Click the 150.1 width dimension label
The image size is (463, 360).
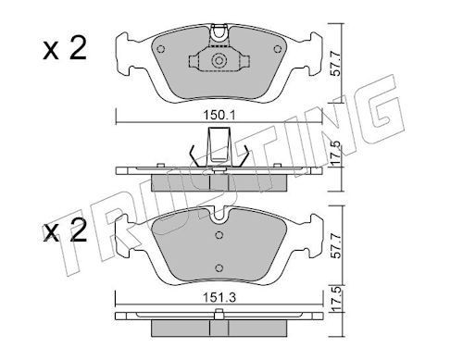(x=219, y=116)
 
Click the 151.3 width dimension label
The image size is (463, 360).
(x=219, y=298)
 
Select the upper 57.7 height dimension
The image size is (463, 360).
(x=336, y=64)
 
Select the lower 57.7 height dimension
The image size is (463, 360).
(x=336, y=246)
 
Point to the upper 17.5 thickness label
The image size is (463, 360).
(x=336, y=153)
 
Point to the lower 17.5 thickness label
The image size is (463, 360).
(x=336, y=299)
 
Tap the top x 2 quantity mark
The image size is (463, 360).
(x=65, y=49)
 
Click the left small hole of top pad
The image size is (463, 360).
(x=161, y=49)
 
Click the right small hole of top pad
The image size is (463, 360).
(x=278, y=49)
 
